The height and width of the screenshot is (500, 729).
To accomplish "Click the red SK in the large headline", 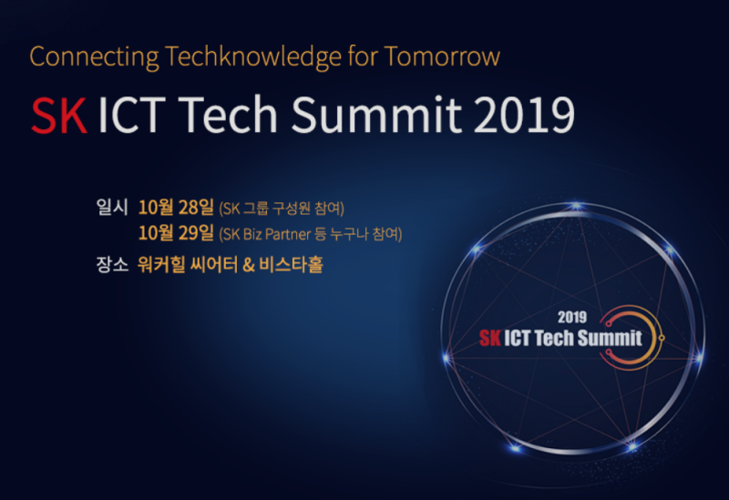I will (x=58, y=116).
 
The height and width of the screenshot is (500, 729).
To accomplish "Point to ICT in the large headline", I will (x=132, y=116).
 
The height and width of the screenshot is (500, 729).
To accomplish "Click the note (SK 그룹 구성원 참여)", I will (x=282, y=209).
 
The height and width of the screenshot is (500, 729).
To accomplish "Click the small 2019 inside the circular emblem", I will (x=571, y=319).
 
